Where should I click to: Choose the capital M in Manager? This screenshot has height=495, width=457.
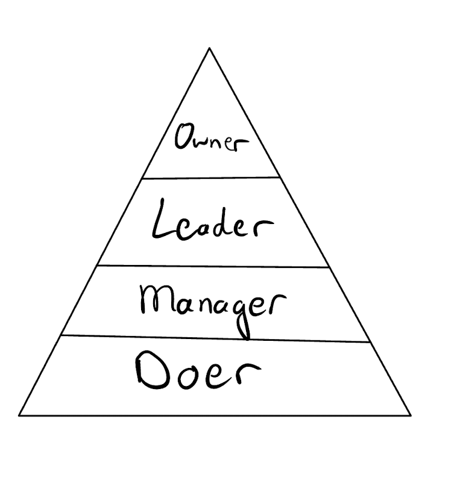(153, 300)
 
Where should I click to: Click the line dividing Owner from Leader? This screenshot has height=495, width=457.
(211, 178)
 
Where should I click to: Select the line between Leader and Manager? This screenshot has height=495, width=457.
(211, 266)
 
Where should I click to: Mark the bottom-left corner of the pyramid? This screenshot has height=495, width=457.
(19, 416)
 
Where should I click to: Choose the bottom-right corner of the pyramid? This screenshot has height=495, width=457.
(411, 415)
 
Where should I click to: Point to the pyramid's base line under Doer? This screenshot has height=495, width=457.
(215, 416)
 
